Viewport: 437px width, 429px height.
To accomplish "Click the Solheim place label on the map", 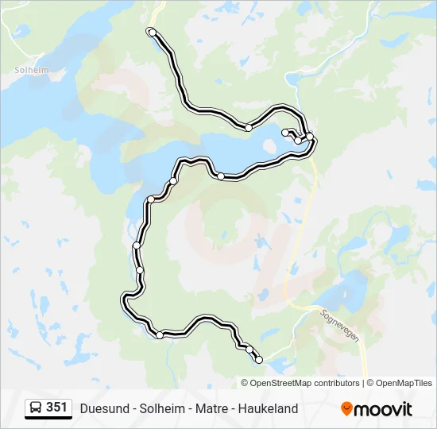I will [x=31, y=70].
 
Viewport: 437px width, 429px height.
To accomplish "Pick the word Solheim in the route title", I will [x=156, y=409].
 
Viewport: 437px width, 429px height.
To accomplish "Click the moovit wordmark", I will [x=384, y=409].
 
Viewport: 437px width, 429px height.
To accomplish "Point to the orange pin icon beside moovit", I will [x=346, y=409].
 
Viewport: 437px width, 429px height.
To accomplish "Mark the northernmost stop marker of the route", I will [x=150, y=32].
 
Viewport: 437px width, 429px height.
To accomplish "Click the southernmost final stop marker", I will [x=258, y=360].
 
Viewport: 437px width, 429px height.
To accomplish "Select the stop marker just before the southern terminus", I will [x=249, y=350].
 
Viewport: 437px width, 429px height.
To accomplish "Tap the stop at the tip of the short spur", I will [x=285, y=133].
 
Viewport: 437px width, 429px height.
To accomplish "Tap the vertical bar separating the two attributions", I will [x=363, y=383].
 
